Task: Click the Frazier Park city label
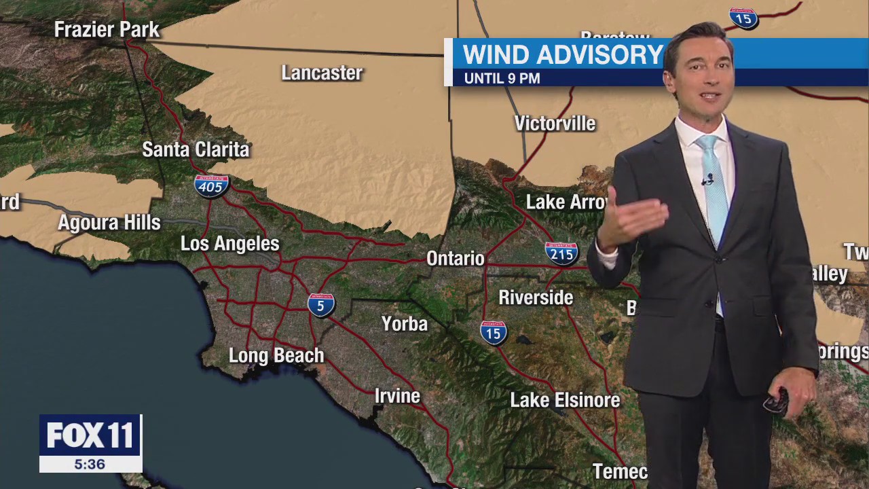(x=107, y=30)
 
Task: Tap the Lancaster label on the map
(x=322, y=73)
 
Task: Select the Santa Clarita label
(x=196, y=150)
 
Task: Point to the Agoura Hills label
(x=109, y=223)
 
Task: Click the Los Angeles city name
(x=229, y=244)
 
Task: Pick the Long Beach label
(x=276, y=355)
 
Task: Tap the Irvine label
(x=397, y=396)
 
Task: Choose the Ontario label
(x=455, y=259)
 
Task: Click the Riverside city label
(x=536, y=297)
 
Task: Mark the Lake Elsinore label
(x=565, y=401)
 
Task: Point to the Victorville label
(x=555, y=124)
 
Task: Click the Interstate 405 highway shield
(x=211, y=185)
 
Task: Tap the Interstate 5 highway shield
(x=321, y=304)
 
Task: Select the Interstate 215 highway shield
(x=561, y=253)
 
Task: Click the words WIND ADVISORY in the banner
(x=563, y=55)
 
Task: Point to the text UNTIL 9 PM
(x=502, y=79)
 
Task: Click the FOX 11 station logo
(x=90, y=435)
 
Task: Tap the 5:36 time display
(x=90, y=465)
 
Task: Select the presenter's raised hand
(x=631, y=221)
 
